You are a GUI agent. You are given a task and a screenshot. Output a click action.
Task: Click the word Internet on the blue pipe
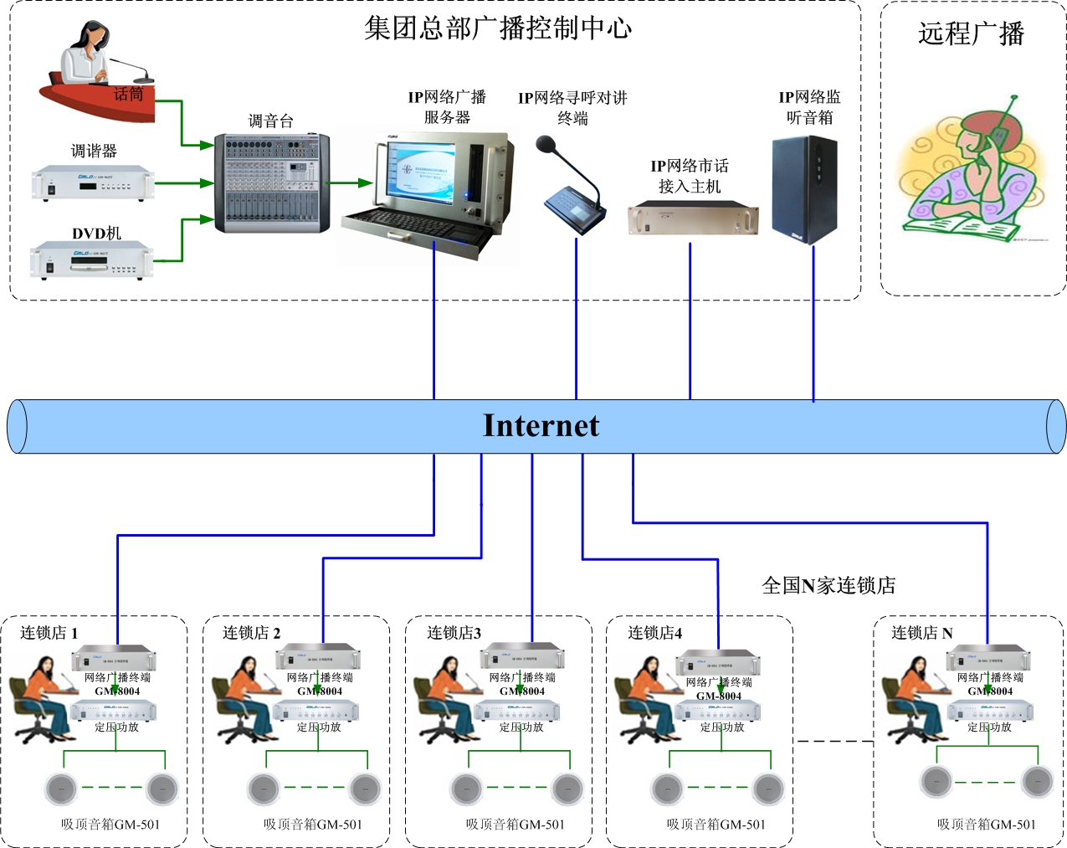[541, 426]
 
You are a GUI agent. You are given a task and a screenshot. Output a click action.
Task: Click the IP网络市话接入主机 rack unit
[693, 218]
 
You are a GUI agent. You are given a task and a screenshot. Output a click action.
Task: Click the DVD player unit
[92, 260]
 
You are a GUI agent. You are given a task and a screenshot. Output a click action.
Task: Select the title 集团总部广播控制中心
[498, 28]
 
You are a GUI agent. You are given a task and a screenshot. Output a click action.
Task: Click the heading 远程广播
[971, 33]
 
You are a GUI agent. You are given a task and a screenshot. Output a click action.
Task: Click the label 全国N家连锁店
[828, 585]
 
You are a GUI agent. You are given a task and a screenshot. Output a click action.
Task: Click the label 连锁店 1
[49, 633]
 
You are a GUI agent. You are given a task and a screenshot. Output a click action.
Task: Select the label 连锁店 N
[921, 633]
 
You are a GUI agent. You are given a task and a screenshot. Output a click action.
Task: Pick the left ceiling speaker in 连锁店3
[465, 788]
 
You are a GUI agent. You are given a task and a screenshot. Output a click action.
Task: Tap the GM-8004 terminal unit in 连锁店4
[718, 663]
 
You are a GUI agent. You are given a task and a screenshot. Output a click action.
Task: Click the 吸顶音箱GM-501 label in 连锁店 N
[986, 825]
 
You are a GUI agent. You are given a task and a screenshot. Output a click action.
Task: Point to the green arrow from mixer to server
[349, 182]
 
